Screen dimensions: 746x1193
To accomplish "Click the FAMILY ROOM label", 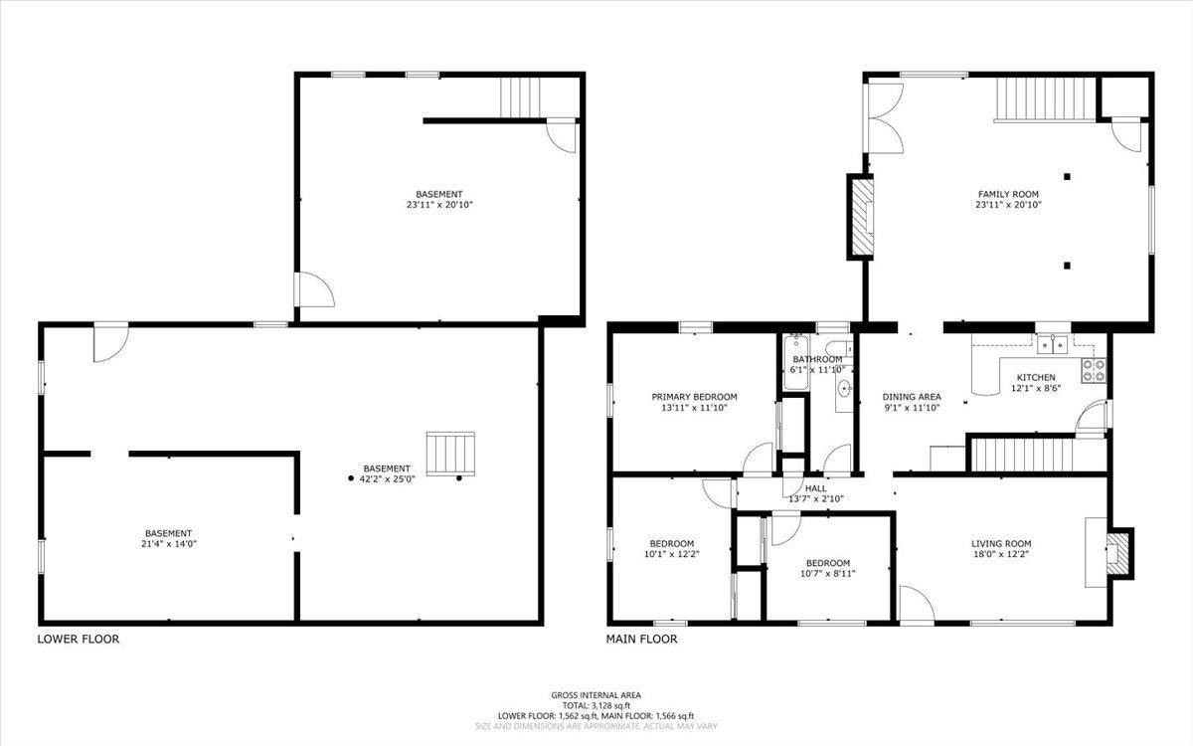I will [x=1009, y=194].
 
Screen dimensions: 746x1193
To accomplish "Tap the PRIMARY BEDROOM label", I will [x=694, y=395].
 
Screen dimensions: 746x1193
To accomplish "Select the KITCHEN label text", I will [x=1035, y=377].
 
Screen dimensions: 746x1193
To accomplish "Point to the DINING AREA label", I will [x=912, y=397].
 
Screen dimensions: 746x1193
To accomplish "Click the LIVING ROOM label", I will [x=1001, y=544].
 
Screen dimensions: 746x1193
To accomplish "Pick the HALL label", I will [x=816, y=488].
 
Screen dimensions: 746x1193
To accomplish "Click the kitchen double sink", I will [x=1051, y=344].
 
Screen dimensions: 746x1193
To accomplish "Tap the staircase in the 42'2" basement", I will [x=450, y=454].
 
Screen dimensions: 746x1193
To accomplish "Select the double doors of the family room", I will [x=883, y=116].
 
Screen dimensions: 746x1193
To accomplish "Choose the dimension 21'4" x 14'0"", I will [x=168, y=545].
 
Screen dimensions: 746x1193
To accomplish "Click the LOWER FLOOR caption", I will [x=79, y=640].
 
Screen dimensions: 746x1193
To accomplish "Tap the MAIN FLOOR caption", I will [x=642, y=640].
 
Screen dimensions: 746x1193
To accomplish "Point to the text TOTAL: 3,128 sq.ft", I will [x=596, y=705].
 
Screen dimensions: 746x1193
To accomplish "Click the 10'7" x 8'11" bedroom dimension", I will [x=827, y=574].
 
